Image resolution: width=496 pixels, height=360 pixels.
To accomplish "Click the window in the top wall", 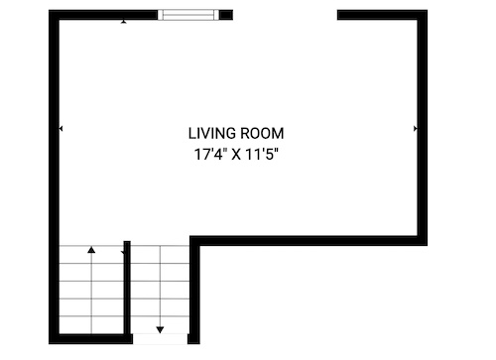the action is pyautogui.click(x=188, y=15).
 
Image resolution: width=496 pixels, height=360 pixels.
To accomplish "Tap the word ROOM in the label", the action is pyautogui.click(x=262, y=134).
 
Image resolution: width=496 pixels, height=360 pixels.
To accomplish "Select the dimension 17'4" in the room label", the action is pyautogui.click(x=210, y=154).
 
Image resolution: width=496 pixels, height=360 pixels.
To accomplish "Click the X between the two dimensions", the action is pyautogui.click(x=236, y=155).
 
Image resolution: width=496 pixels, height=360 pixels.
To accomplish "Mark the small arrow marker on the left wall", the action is pyautogui.click(x=61, y=128).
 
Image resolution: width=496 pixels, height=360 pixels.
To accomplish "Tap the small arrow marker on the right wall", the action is pyautogui.click(x=416, y=128).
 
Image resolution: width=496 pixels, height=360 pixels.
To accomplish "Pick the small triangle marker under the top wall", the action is pyautogui.click(x=124, y=22).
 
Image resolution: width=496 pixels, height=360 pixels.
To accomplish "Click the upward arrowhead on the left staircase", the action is pyautogui.click(x=91, y=250).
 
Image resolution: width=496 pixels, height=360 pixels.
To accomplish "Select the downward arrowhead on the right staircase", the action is pyautogui.click(x=160, y=329).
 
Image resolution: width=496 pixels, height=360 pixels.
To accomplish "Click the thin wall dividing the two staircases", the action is pyautogui.click(x=127, y=288).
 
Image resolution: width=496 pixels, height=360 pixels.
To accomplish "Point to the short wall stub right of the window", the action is pyautogui.click(x=226, y=15).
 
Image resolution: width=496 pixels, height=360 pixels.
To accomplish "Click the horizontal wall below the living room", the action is pyautogui.click(x=309, y=241).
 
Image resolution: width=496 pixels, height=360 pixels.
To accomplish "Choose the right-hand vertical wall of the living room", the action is pyautogui.click(x=423, y=128).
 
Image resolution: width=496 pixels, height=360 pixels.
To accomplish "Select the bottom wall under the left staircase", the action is pyautogui.click(x=91, y=339).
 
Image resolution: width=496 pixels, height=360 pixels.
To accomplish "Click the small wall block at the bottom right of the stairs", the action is pyautogui.click(x=193, y=339).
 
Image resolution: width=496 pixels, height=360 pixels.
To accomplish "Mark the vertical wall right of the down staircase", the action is pyautogui.click(x=194, y=290).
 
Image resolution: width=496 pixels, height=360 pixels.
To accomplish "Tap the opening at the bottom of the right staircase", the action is pyautogui.click(x=160, y=339).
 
